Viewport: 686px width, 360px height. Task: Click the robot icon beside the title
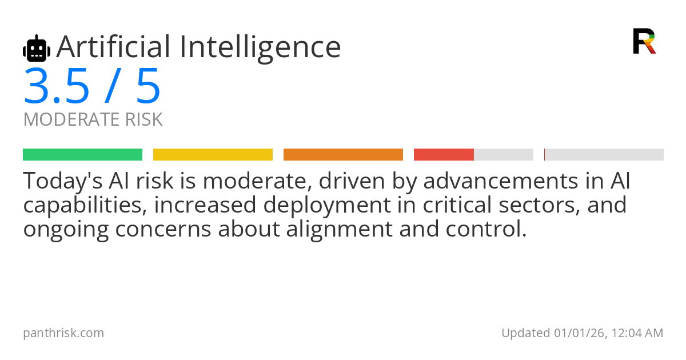coord(37,48)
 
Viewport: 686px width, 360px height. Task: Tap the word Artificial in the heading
coord(113,46)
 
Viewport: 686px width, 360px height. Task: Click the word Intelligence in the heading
coord(260,49)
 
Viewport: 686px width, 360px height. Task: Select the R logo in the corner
coord(644,41)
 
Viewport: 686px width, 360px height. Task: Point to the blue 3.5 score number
coord(57,86)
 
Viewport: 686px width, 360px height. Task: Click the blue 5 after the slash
coord(148,86)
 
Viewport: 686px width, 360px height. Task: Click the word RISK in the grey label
coord(143,119)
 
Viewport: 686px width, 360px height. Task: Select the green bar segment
coord(83,155)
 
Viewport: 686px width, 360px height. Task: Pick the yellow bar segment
coord(213,155)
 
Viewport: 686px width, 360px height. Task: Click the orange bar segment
coord(343,155)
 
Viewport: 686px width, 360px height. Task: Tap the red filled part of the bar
coord(444,155)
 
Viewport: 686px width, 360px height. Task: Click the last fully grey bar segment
coord(604,155)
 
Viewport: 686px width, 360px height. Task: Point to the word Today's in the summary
coord(63,181)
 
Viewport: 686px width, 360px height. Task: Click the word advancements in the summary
coord(501,181)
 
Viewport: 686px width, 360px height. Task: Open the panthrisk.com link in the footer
coord(63,333)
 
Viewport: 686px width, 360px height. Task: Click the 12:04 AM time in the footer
coord(637,333)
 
